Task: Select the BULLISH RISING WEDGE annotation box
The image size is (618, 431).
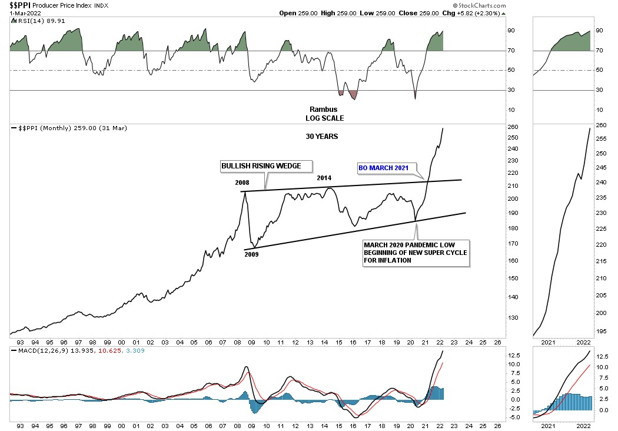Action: pos(266,167)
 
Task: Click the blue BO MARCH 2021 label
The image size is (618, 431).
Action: pos(383,168)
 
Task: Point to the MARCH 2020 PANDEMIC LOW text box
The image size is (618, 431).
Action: pos(416,253)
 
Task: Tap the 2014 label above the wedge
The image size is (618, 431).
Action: pos(325,177)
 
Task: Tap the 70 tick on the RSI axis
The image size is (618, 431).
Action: pos(512,51)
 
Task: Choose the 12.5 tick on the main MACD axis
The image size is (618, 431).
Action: pos(514,355)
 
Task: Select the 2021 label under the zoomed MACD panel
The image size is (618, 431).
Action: pos(549,425)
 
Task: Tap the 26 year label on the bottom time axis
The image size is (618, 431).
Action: pos(497,342)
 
